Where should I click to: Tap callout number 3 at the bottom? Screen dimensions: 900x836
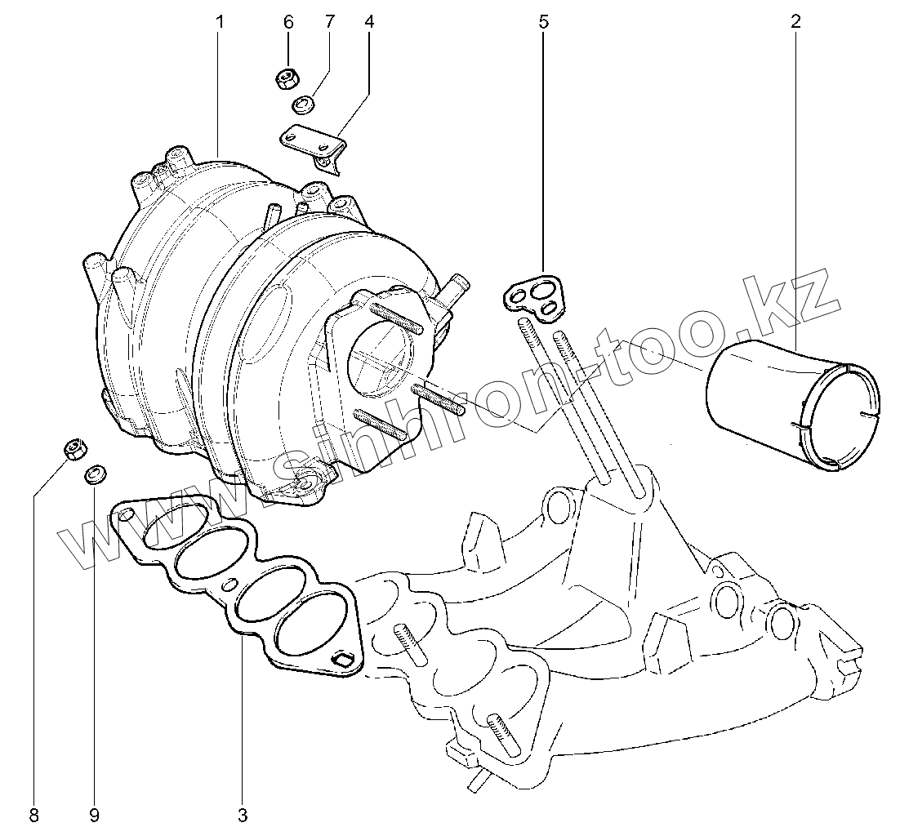point(243,814)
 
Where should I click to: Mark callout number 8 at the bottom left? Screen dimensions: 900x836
point(33,814)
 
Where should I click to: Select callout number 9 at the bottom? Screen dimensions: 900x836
point(94,814)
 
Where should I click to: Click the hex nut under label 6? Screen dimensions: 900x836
point(287,79)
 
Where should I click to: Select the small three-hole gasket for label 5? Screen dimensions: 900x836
point(535,296)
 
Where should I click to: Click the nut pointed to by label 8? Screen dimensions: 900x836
point(74,448)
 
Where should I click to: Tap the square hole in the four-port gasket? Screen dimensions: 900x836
point(345,660)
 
